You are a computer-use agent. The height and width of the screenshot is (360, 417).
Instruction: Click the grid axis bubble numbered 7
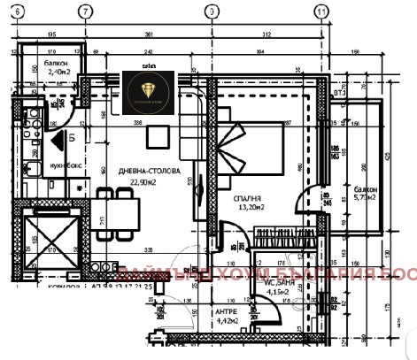(x=85, y=11)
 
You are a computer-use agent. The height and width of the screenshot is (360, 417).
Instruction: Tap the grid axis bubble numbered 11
(x=320, y=11)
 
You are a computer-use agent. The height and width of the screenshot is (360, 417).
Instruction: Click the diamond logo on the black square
(x=149, y=88)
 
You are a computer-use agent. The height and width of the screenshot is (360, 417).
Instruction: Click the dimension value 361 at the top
(x=149, y=35)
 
